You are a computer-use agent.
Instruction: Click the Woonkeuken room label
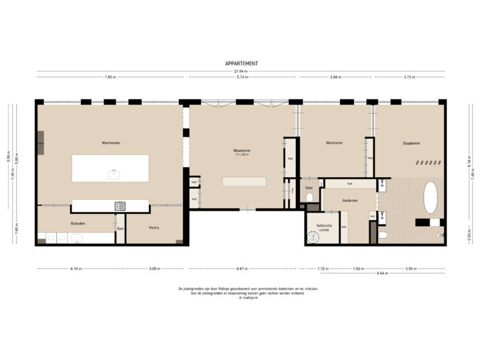(x=110, y=142)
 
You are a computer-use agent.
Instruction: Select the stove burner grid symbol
(x=121, y=205)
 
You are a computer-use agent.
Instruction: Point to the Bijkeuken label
(x=78, y=223)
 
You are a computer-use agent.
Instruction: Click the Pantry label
(x=154, y=228)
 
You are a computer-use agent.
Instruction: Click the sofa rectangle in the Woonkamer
(x=244, y=182)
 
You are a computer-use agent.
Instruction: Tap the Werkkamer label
(x=334, y=143)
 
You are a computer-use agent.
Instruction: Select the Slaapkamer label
(x=410, y=143)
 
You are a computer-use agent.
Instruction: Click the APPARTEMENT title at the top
(x=241, y=64)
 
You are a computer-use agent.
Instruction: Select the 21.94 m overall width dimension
(x=241, y=71)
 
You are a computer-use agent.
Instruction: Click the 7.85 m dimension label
(x=110, y=78)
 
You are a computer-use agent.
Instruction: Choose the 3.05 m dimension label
(x=154, y=269)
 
